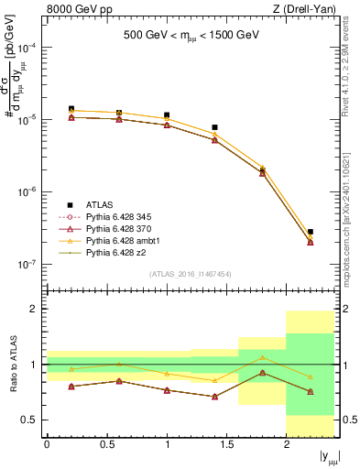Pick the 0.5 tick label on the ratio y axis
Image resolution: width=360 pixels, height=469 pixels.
point(31,420)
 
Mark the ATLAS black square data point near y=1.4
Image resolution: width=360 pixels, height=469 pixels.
point(214,127)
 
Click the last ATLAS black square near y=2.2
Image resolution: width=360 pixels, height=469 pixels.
point(311,233)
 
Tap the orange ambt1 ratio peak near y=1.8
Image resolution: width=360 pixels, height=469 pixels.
point(262,357)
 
